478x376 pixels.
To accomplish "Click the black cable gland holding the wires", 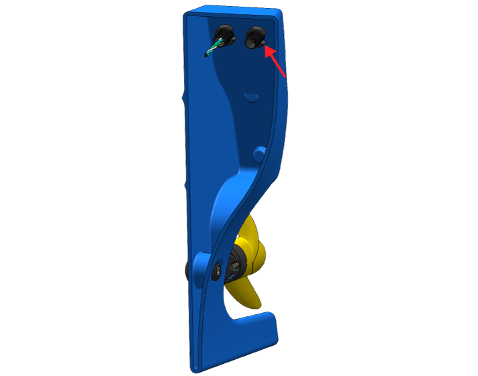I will [x=224, y=34].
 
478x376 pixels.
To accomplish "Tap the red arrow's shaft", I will [x=278, y=63].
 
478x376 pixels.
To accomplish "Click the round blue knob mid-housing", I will [x=258, y=154].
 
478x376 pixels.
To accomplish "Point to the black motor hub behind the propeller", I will [x=236, y=265].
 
